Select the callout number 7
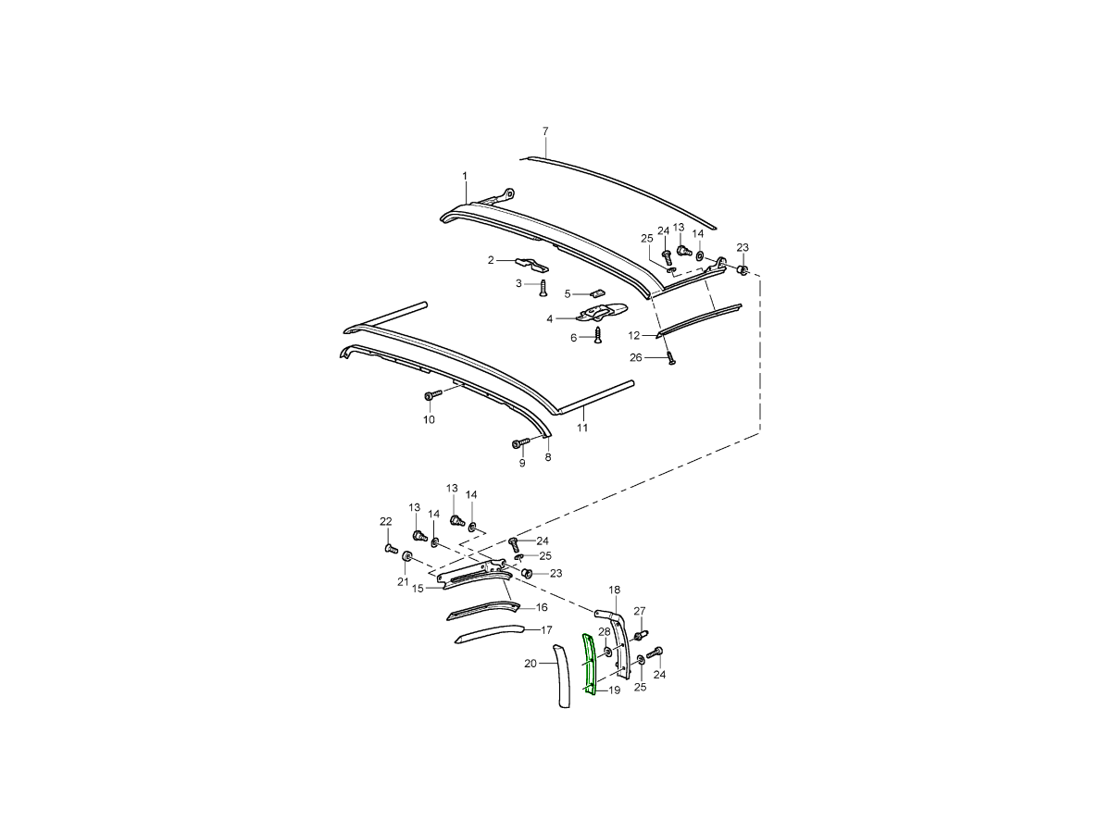(x=545, y=131)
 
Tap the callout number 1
(x=465, y=176)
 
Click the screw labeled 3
(x=543, y=288)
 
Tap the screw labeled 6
(x=598, y=335)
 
